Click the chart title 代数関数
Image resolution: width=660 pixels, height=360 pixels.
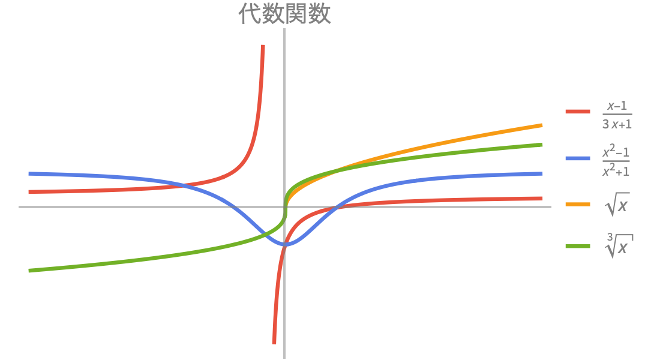(284, 13)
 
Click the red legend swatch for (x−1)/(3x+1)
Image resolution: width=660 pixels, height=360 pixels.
(577, 112)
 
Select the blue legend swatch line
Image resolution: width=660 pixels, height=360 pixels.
(577, 158)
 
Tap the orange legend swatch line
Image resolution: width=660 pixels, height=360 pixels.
(577, 205)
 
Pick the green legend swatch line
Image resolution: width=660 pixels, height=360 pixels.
(577, 246)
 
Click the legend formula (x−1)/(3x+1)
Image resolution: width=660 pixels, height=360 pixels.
(617, 115)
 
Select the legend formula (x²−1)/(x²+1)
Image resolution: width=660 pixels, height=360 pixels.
(616, 160)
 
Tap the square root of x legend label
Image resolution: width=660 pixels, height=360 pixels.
(617, 205)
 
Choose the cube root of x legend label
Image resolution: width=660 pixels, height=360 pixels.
(619, 246)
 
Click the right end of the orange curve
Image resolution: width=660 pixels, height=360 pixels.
(542, 125)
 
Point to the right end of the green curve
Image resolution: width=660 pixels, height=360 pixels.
(542, 145)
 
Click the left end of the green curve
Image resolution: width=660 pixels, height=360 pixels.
(29, 271)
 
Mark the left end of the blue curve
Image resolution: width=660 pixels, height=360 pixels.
(29, 173)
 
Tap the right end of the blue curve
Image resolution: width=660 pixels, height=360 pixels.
(542, 173)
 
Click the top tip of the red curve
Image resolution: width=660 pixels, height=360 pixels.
(263, 46)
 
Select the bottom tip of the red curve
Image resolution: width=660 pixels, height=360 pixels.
(274, 344)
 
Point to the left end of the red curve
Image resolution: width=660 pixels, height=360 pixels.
(29, 192)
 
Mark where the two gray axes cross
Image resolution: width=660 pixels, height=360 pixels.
(284, 207)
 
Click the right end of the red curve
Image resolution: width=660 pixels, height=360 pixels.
(542, 199)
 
